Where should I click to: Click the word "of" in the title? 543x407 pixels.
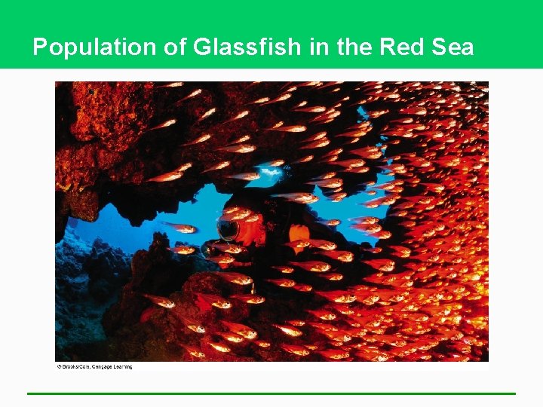tap(170, 48)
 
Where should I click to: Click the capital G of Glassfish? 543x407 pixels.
tap(201, 48)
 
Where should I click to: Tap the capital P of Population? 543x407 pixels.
tap(41, 48)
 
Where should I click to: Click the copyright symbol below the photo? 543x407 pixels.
tap(59, 367)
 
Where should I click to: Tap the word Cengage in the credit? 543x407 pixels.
tap(104, 367)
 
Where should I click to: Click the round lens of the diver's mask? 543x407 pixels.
tap(227, 228)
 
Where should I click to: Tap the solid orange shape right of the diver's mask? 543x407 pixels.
tap(299, 233)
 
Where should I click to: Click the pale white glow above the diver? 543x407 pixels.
tap(270, 175)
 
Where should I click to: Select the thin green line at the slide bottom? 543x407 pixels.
tap(271, 393)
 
